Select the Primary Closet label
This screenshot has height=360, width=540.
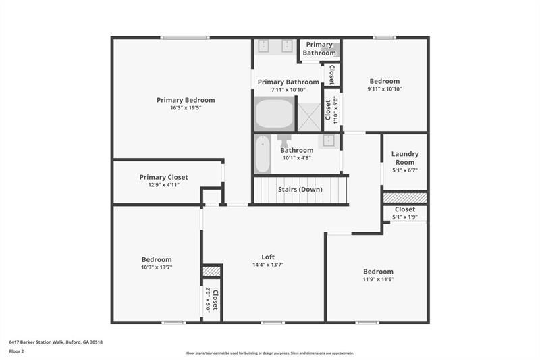tap(164, 177)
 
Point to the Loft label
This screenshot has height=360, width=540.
tap(268, 257)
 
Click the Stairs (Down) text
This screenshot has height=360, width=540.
tap(300, 190)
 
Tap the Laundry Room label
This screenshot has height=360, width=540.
tap(405, 158)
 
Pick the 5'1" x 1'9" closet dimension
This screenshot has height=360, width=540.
tap(405, 217)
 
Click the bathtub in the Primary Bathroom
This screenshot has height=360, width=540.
tap(274, 113)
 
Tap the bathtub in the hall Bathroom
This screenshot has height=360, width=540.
tap(262, 155)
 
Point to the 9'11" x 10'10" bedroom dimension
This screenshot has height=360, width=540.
tap(385, 89)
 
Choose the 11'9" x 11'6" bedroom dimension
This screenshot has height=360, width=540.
tap(377, 280)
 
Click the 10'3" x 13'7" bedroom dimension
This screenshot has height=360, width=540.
tap(157, 267)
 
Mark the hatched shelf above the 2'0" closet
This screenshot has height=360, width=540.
tap(212, 271)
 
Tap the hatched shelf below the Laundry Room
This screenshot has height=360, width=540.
tap(405, 197)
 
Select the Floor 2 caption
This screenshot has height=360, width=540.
tap(17, 352)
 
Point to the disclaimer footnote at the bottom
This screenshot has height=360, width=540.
tap(270, 353)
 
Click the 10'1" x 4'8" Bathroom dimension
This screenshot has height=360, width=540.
tap(296, 158)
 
